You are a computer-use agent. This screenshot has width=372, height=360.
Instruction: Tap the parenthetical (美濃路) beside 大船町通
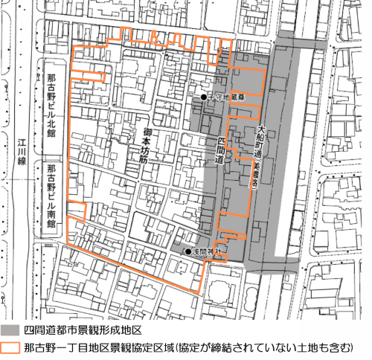(252, 179)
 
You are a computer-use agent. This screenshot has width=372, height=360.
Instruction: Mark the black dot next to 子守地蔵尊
(202, 97)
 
